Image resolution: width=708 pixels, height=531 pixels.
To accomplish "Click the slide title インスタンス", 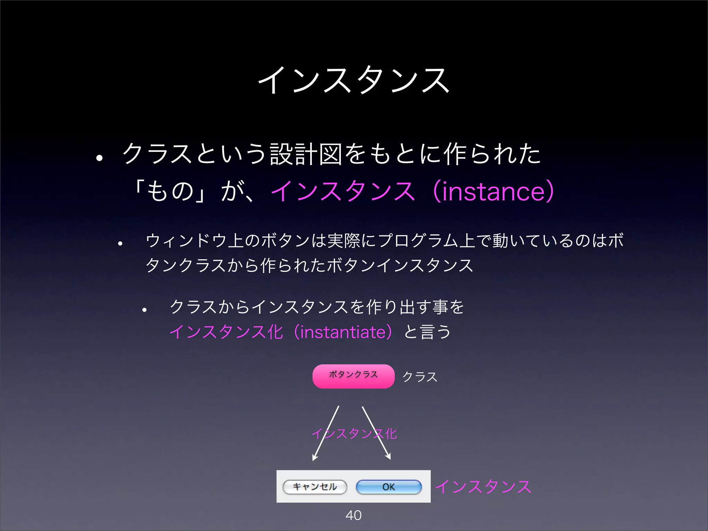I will click(354, 80).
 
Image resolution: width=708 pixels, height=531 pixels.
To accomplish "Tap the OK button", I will click(389, 487).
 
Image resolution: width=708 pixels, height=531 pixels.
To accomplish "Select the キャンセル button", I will click(315, 487).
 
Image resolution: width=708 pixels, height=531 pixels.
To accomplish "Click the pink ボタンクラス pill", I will click(353, 376).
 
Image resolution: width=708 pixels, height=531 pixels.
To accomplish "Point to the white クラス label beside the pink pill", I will click(420, 377).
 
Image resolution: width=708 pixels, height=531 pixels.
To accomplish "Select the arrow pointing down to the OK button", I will click(376, 432).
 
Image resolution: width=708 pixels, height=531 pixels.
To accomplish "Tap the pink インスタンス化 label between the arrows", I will click(354, 434).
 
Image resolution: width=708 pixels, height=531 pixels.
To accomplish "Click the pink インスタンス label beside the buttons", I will click(483, 487).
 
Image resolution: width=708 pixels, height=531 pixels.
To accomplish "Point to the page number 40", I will click(353, 515).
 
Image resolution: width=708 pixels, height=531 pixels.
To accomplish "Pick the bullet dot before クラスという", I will click(100, 158).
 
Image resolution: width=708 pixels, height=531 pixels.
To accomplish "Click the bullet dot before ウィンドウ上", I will click(120, 244).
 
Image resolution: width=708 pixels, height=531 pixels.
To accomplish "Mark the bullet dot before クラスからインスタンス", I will click(145, 310).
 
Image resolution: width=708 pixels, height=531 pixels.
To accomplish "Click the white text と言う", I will click(427, 332).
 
